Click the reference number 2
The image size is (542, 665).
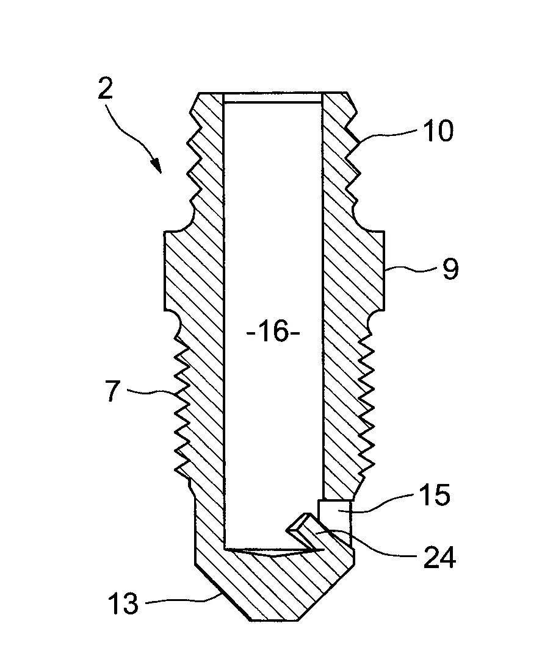(x=106, y=87)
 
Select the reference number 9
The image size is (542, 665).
(x=450, y=269)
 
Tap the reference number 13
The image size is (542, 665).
(x=123, y=602)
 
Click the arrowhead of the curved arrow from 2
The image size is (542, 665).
(x=157, y=166)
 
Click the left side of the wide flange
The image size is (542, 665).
(x=164, y=270)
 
